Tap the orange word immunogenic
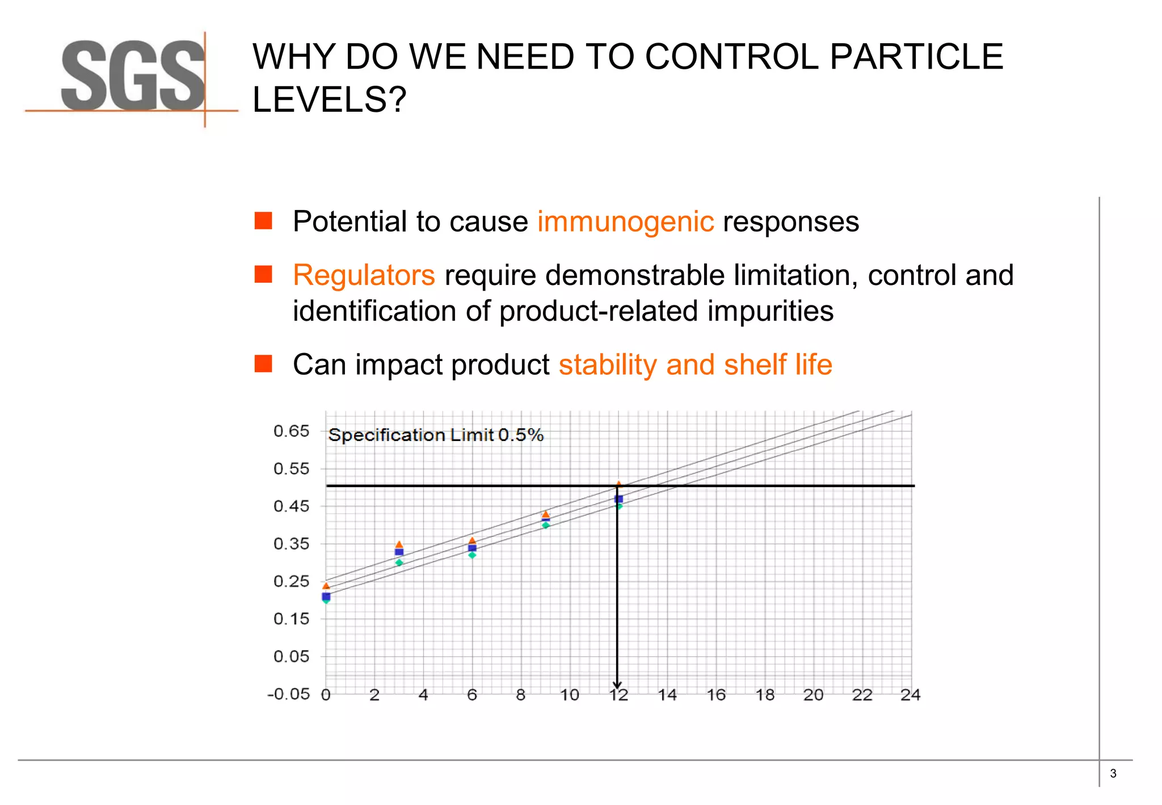(x=625, y=221)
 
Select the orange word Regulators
(x=364, y=275)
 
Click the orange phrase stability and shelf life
(x=695, y=364)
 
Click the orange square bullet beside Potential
(x=263, y=221)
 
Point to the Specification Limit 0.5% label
(x=436, y=435)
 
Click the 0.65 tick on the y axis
(x=291, y=431)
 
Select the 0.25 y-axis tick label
(x=291, y=581)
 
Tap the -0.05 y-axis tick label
(x=289, y=694)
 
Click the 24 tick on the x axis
(x=910, y=695)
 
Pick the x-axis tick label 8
(x=520, y=695)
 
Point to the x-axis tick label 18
(x=764, y=695)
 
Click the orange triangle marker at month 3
(x=399, y=544)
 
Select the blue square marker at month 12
(x=619, y=499)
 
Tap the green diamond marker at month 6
(x=472, y=555)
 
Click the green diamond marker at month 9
(x=545, y=526)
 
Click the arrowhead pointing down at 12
(x=617, y=685)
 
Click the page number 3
(x=1113, y=773)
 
